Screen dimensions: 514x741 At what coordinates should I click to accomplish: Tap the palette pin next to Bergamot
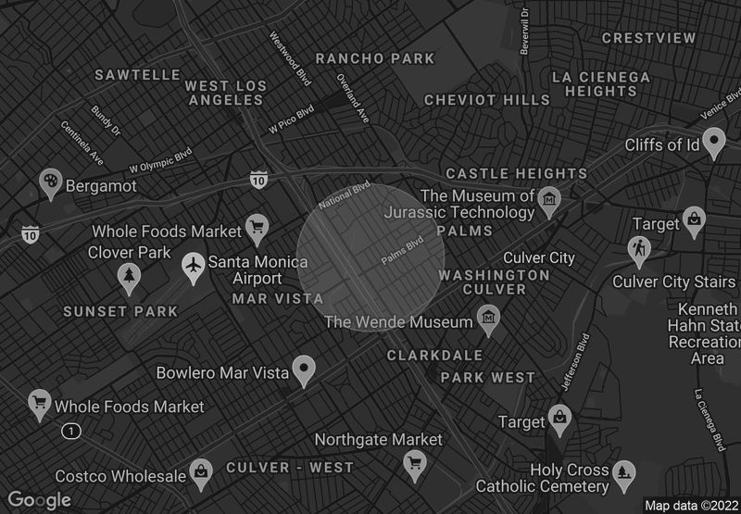(50, 183)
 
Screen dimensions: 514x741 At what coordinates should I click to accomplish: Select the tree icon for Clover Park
(129, 275)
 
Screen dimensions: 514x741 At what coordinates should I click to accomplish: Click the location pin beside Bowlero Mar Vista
(304, 370)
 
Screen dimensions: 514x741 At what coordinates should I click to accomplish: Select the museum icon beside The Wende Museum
(488, 320)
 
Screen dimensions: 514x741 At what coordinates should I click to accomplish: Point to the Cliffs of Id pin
(713, 142)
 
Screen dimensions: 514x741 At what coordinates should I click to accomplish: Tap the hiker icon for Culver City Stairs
(638, 249)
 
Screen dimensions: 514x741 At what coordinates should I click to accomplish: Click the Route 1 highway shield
(71, 431)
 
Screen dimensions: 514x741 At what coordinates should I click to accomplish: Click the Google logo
(39, 500)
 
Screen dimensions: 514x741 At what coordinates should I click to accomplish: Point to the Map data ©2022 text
(691, 506)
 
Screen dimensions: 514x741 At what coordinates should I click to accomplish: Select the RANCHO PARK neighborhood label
(374, 58)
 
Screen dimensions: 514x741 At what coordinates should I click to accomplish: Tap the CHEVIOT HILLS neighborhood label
(487, 99)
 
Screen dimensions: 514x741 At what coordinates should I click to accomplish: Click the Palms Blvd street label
(402, 251)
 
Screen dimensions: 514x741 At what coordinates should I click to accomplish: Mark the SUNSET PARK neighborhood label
(120, 312)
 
